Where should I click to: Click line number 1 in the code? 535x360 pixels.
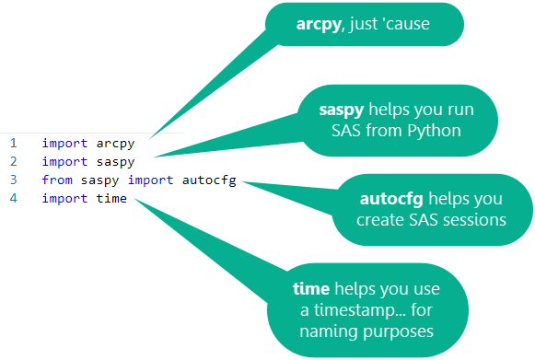[14, 144]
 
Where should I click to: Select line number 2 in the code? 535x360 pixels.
[14, 162]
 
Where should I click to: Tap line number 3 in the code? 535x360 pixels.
[14, 180]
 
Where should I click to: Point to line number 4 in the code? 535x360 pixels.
[14, 199]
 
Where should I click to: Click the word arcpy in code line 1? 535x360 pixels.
[114, 144]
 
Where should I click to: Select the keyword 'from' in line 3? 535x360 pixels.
[56, 180]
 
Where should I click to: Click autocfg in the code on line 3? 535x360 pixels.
[208, 180]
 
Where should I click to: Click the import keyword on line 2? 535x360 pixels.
[64, 162]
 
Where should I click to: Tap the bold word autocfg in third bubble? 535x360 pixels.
[388, 199]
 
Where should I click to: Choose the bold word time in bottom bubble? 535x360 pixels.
[313, 288]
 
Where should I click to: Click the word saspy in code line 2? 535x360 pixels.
[114, 162]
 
